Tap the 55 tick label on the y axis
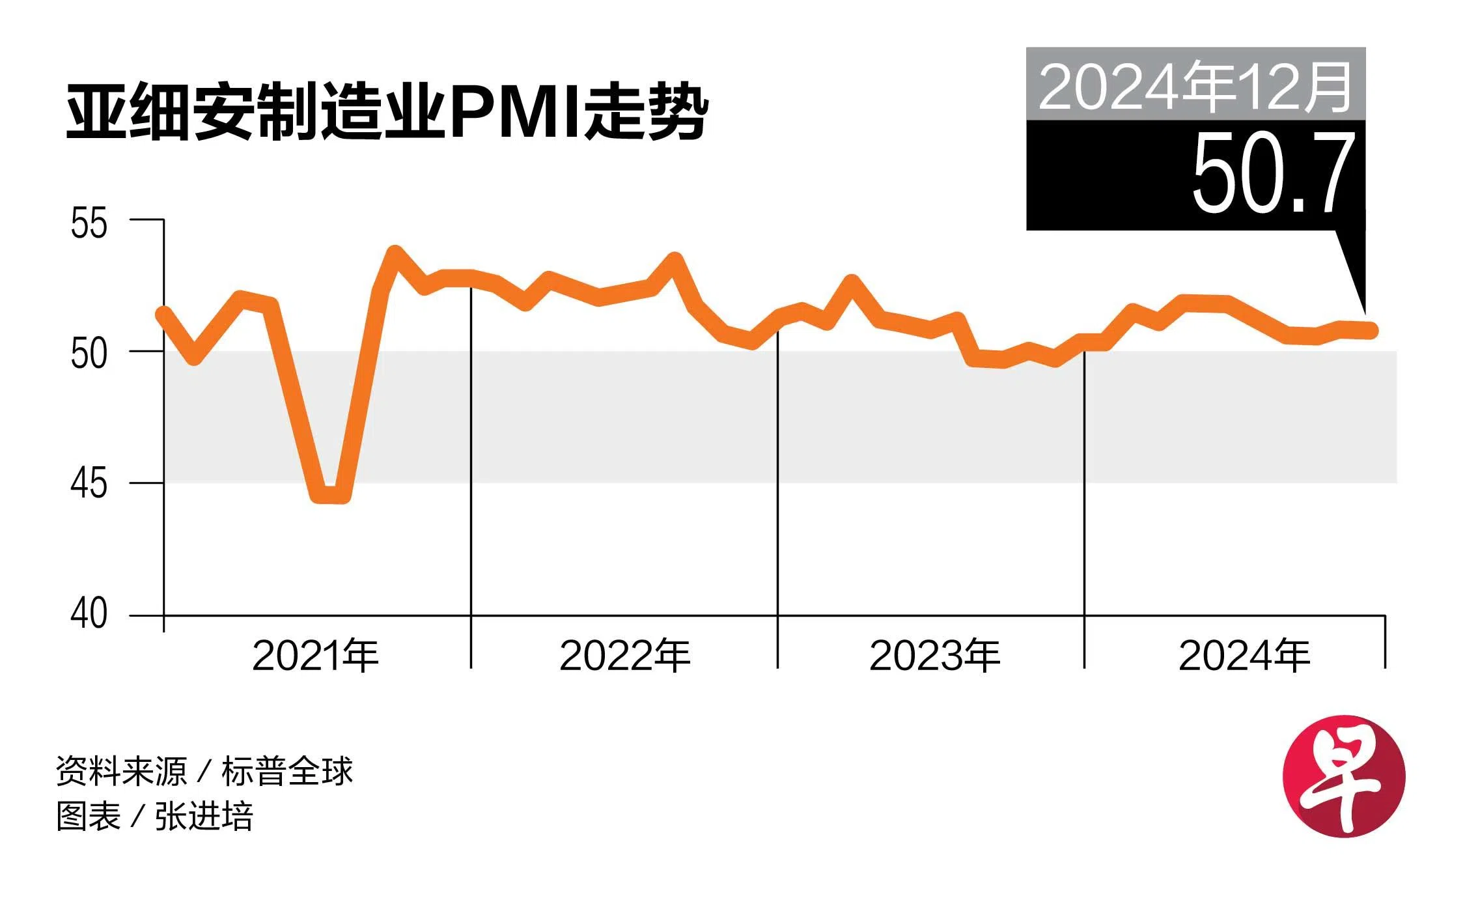89,223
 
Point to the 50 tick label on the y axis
89,354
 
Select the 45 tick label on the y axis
89,484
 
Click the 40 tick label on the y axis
89,613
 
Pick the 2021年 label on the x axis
315,655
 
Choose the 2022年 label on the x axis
624,655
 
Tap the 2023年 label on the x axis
934,655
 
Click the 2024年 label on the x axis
1244,655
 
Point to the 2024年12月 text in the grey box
1195,87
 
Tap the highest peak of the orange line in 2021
395,253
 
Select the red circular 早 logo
1344,776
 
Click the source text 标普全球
286,772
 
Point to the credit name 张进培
204,816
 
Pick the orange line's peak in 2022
675,260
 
